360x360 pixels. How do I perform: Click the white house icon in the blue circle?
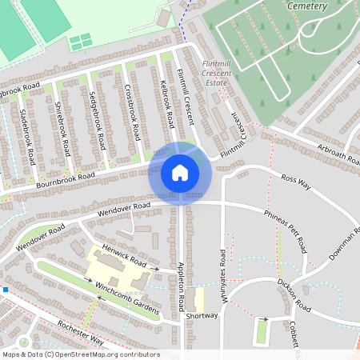coord(180,173)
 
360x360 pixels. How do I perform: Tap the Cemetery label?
coord(306,6)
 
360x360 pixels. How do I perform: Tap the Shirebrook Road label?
coord(61,129)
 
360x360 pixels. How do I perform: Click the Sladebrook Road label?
coord(26,137)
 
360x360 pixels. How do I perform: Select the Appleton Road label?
coord(182,284)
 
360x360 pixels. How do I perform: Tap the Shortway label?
coord(202,316)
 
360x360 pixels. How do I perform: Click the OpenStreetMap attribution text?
coord(80,354)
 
